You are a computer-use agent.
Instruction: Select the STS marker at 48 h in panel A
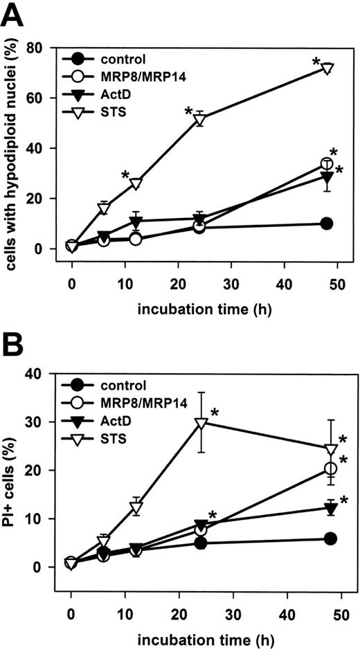point(328,69)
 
